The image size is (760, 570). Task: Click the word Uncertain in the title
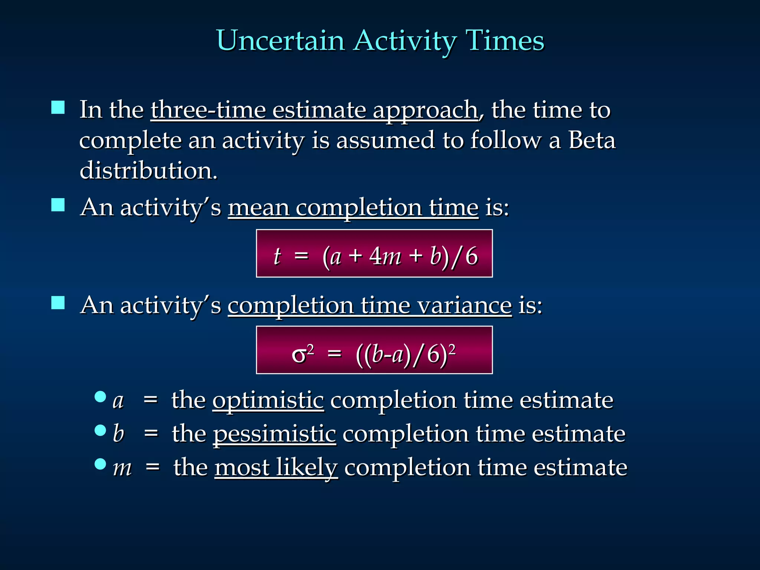click(x=280, y=40)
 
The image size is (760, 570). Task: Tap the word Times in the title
click(x=505, y=40)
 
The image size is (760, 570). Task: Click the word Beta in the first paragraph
click(x=592, y=141)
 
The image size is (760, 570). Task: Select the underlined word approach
click(x=425, y=111)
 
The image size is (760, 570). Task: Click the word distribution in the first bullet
click(x=148, y=171)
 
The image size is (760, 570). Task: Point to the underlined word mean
click(x=258, y=207)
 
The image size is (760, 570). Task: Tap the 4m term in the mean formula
click(x=385, y=256)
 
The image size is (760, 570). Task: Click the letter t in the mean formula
click(x=277, y=256)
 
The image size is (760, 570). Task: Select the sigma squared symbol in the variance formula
click(x=302, y=353)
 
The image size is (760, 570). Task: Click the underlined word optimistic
click(x=268, y=400)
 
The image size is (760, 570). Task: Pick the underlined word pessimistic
click(x=274, y=434)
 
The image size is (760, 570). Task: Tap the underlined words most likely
click(x=276, y=467)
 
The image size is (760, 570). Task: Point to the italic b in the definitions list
click(x=118, y=433)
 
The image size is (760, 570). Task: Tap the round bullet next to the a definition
click(x=100, y=397)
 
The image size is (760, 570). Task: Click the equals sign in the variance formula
click(x=334, y=354)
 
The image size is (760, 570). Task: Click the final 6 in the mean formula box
click(x=471, y=256)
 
